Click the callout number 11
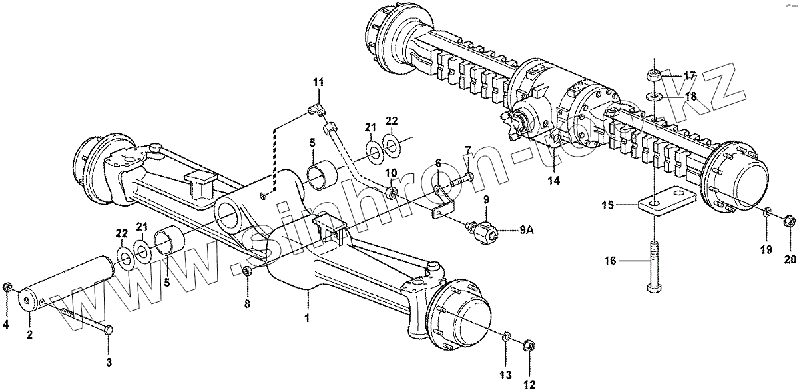pos(318,82)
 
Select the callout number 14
pos(555,180)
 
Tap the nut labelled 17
pos(654,74)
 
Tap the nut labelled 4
pos(7,288)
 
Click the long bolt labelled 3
pos(83,319)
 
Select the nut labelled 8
pos(247,271)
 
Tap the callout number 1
pos(307,319)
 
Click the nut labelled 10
pos(393,193)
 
